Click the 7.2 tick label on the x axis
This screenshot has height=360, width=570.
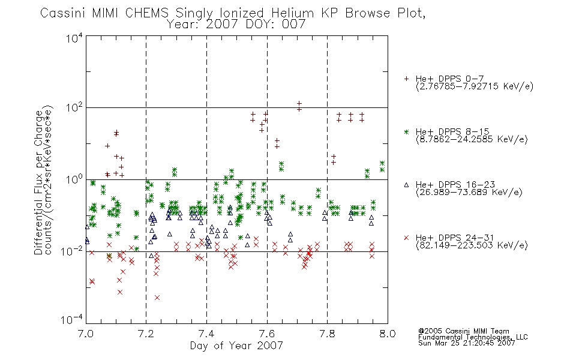click(x=146, y=334)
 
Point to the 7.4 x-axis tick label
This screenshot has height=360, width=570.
click(x=206, y=334)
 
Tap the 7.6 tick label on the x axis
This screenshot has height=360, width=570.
click(x=267, y=334)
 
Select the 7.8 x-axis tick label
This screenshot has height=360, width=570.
click(x=327, y=334)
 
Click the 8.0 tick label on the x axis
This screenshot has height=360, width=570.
click(x=388, y=334)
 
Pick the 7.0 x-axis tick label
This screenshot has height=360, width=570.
click(x=86, y=334)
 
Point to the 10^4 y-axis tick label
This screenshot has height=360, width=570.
click(x=74, y=38)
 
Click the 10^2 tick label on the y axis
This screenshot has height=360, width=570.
click(x=74, y=108)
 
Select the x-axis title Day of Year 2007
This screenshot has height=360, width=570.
click(x=236, y=346)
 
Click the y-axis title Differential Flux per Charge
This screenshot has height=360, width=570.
click(x=38, y=183)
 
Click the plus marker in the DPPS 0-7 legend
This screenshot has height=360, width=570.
click(x=406, y=79)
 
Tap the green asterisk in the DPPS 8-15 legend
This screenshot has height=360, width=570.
click(x=406, y=132)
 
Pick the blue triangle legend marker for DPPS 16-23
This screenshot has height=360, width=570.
click(x=406, y=185)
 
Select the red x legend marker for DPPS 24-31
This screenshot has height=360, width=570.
click(x=406, y=238)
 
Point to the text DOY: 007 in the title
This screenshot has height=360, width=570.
click(x=275, y=24)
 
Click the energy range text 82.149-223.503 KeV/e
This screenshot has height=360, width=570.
click(x=472, y=245)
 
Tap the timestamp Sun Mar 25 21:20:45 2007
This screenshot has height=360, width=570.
click(x=467, y=343)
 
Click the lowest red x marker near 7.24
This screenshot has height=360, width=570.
click(x=157, y=298)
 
